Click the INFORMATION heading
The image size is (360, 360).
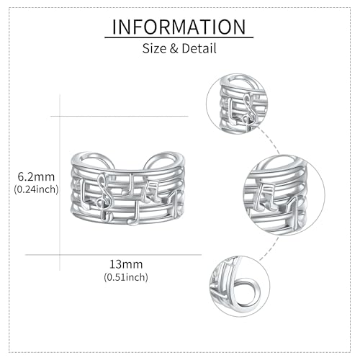pyautogui.click(x=179, y=27)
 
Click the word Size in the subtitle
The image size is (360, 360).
pyautogui.click(x=154, y=48)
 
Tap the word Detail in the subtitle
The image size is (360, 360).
pyautogui.click(x=199, y=48)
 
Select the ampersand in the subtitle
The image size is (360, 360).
pyautogui.click(x=174, y=48)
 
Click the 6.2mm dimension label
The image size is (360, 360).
pyautogui.click(x=36, y=177)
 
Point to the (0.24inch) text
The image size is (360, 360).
pyautogui.click(x=36, y=189)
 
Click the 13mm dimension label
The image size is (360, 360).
pyautogui.click(x=126, y=264)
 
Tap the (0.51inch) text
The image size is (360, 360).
pyautogui.click(x=126, y=277)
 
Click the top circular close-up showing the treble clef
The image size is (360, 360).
pyautogui.click(x=237, y=104)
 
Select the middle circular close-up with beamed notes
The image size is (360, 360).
pyautogui.click(x=284, y=195)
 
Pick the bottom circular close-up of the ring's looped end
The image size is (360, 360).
pyautogui.click(x=240, y=287)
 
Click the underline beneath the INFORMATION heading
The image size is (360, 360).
pyautogui.click(x=179, y=37)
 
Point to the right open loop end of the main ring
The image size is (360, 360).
pyautogui.click(x=165, y=155)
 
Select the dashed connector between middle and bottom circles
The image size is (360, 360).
pyautogui.click(x=269, y=249)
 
